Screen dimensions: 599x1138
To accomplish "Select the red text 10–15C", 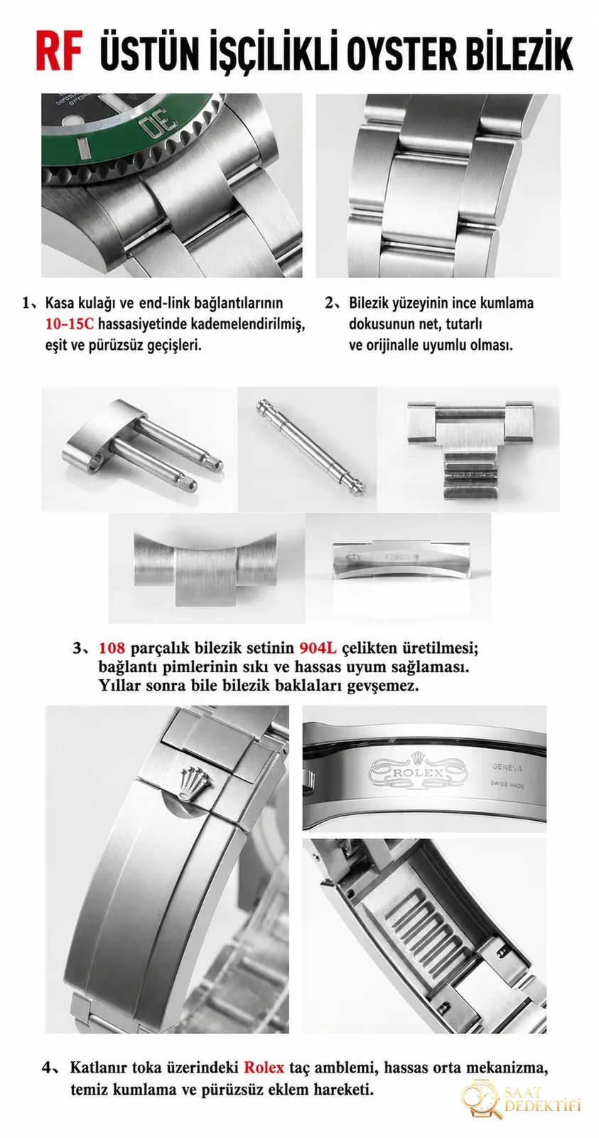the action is click(x=70, y=324).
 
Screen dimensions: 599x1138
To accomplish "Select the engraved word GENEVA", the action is click(x=507, y=767).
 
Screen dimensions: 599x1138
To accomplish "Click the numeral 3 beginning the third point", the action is click(x=77, y=649).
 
